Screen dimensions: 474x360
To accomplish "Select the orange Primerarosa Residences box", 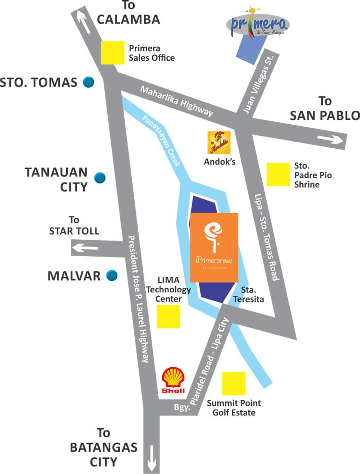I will point(214,247).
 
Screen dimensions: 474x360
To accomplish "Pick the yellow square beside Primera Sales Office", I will point(113,53).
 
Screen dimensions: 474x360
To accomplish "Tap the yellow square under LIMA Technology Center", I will point(168,316).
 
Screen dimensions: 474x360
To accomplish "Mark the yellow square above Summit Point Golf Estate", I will point(234,383).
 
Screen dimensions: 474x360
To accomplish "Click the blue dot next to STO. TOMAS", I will point(88,82).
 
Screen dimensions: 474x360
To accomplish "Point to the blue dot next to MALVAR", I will point(112,276).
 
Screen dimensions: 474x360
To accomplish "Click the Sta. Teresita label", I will point(252,295).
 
